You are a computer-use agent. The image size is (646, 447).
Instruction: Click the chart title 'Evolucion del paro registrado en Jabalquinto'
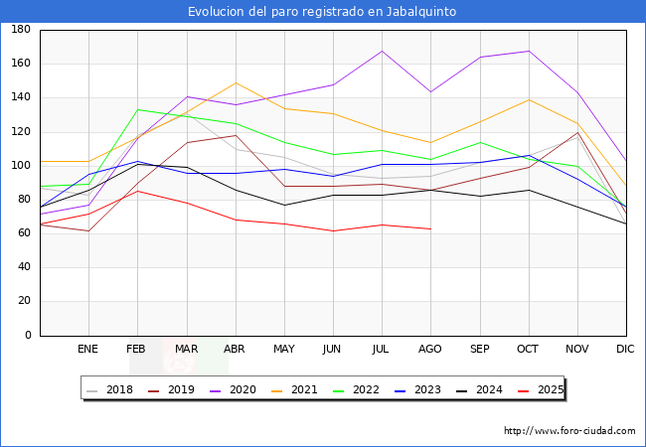point(322,12)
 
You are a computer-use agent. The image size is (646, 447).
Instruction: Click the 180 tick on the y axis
point(20,30)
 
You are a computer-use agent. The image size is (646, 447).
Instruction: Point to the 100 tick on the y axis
point(20,166)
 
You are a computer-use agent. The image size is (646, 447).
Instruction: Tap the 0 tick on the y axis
point(27,336)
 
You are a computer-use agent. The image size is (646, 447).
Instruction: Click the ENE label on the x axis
point(87,350)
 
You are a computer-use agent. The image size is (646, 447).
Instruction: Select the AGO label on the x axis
point(430,350)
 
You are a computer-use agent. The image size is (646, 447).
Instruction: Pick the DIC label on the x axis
point(625,350)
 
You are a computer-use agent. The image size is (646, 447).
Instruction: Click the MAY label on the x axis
point(284,350)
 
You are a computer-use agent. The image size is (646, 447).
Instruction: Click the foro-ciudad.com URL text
point(569,431)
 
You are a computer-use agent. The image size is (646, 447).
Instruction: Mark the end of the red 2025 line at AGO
point(430,229)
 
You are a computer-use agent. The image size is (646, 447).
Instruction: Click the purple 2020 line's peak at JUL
point(382,51)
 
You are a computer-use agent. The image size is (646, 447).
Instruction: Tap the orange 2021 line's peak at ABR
point(236,82)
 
